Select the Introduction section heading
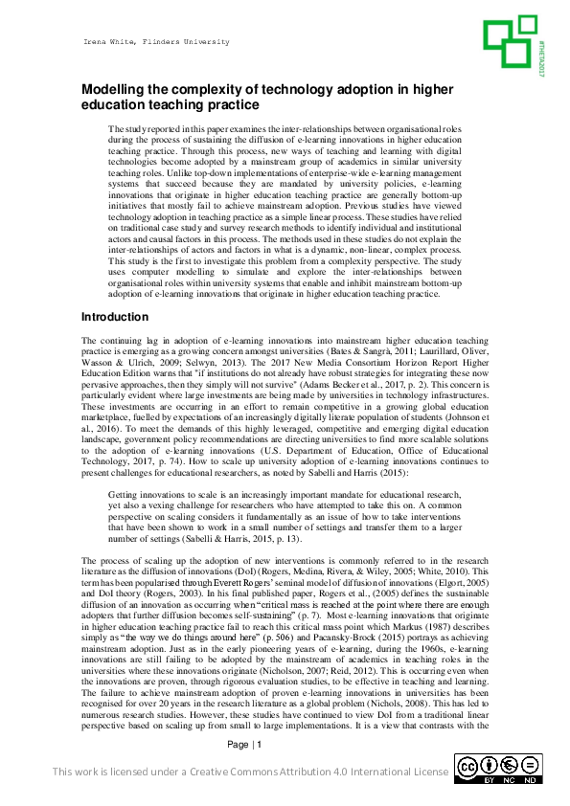115,316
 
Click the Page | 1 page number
244,772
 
